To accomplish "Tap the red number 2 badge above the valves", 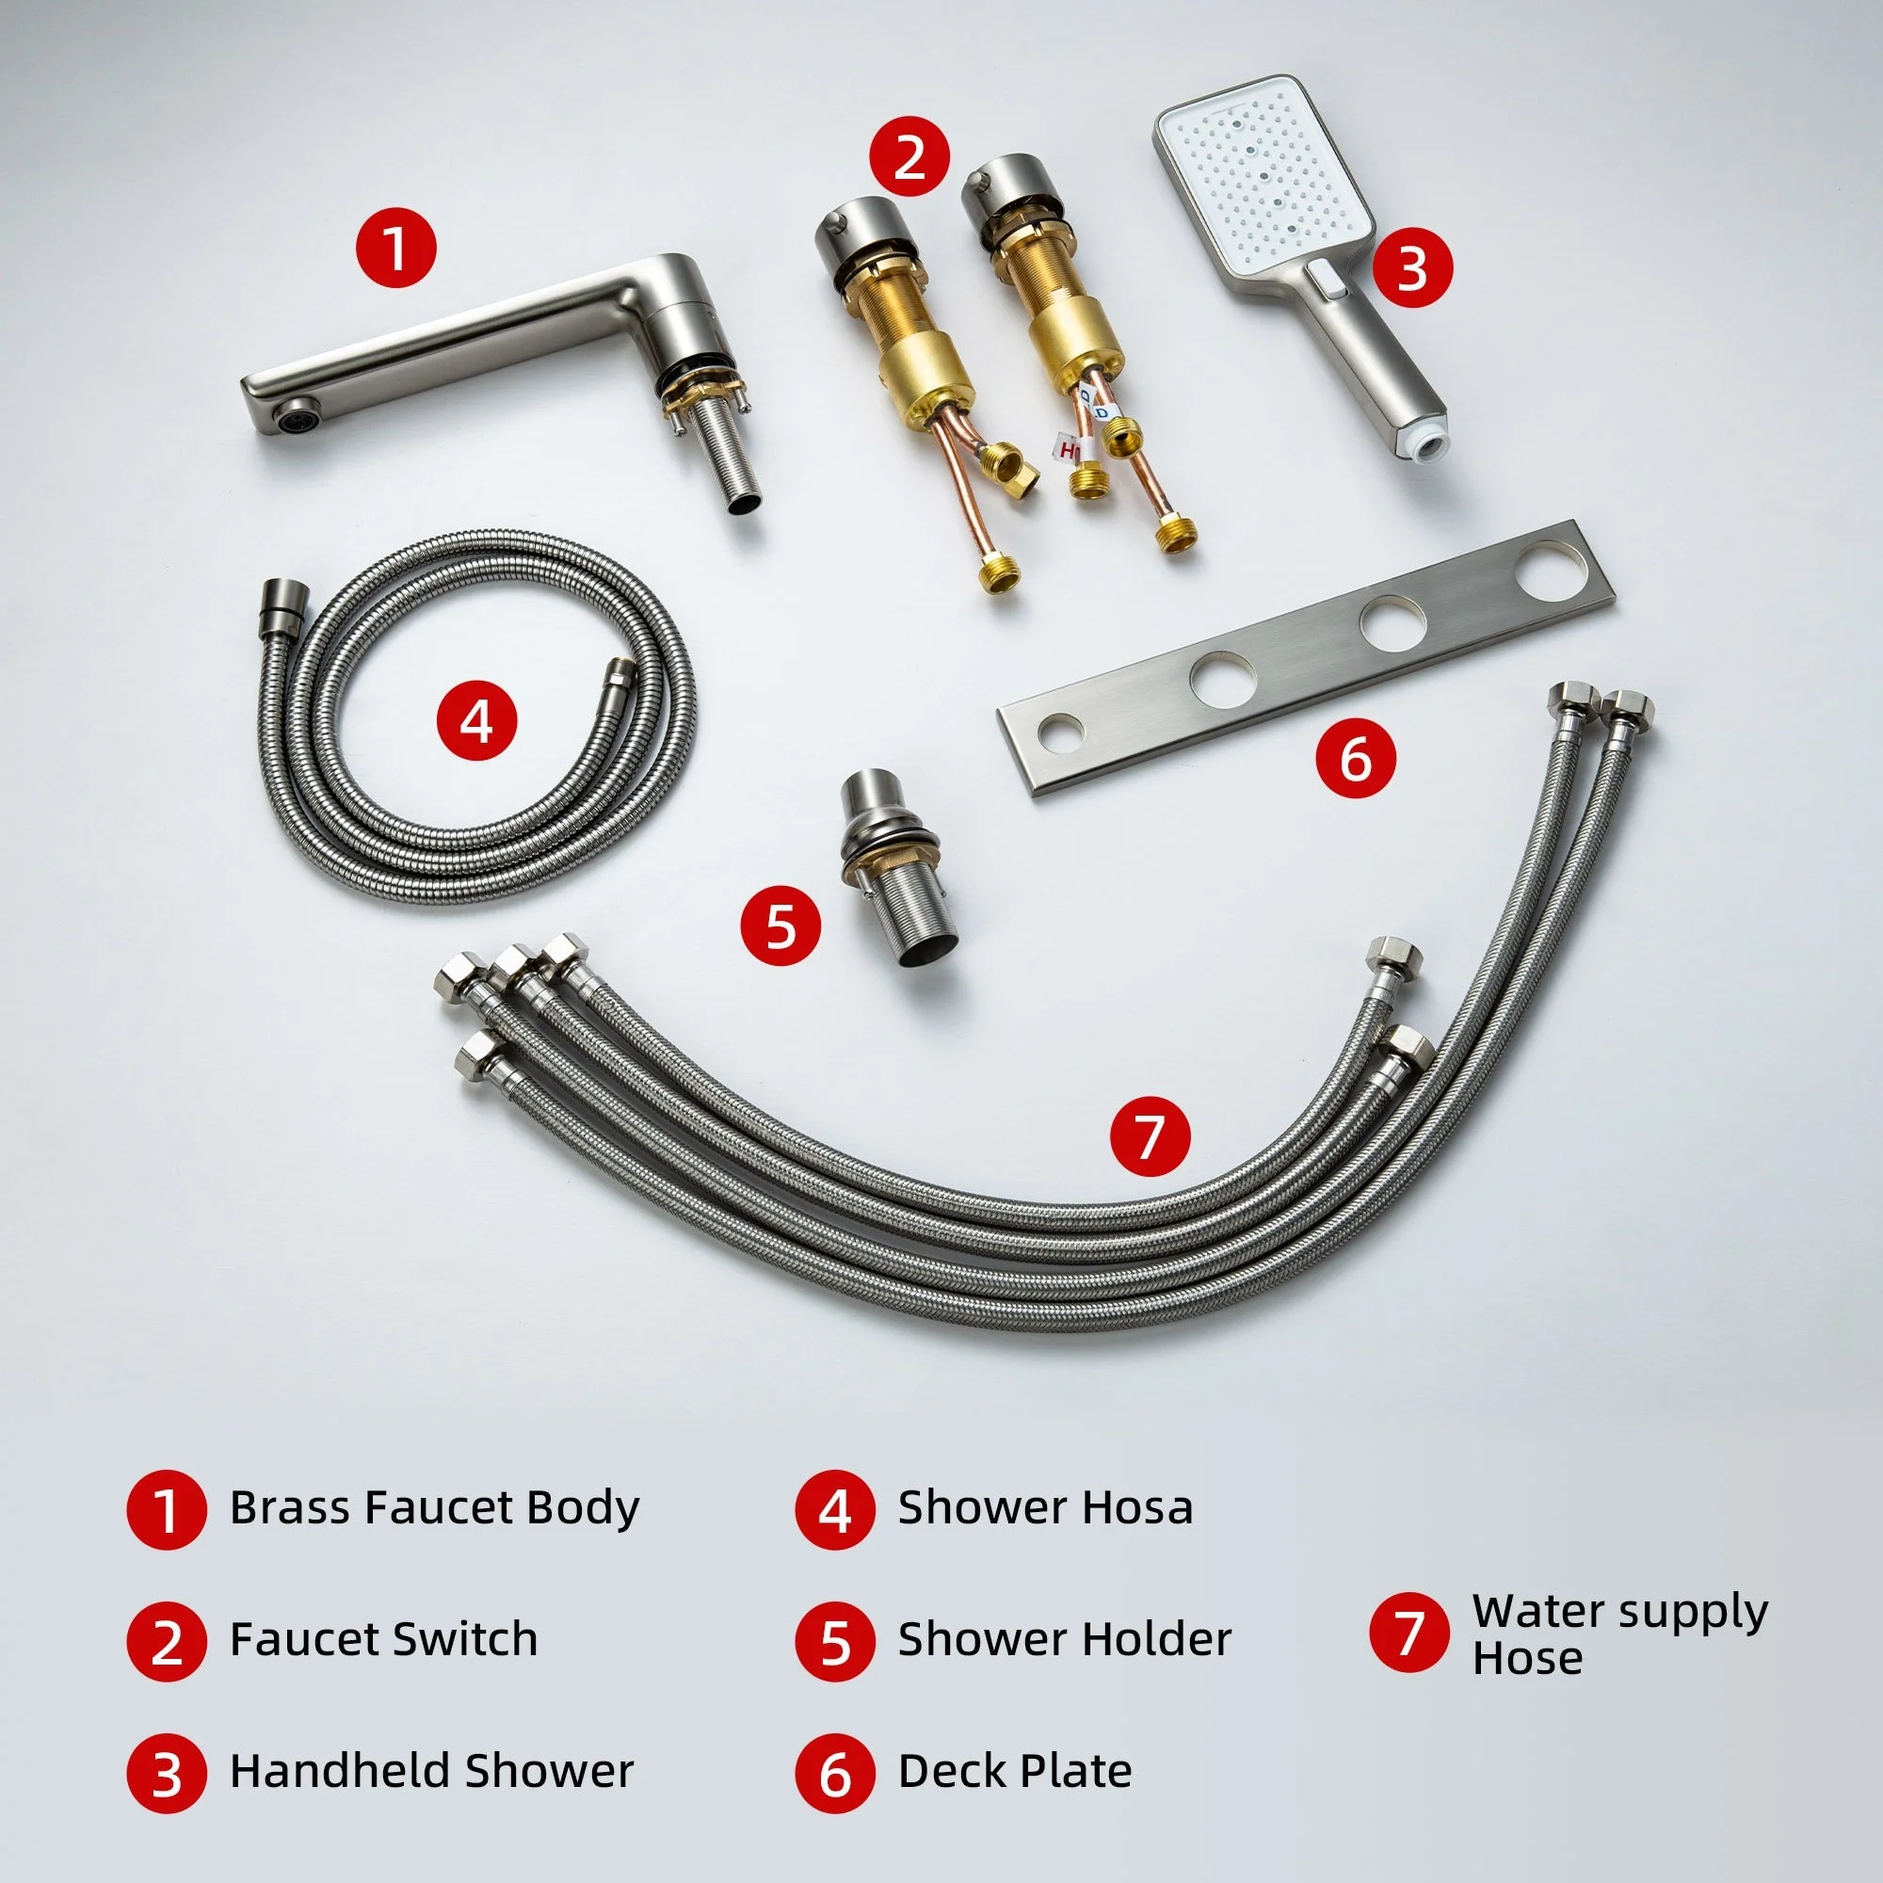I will pos(909,156).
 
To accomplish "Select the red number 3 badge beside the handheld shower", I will pos(1412,267).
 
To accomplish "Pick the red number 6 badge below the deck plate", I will pos(1356,757).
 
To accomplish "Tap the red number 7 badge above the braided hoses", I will pos(1151,1136).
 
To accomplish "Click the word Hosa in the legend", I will pos(1141,1507).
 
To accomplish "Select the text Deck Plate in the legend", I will pos(1014,1771).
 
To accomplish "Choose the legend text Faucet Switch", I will pos(383,1639).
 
